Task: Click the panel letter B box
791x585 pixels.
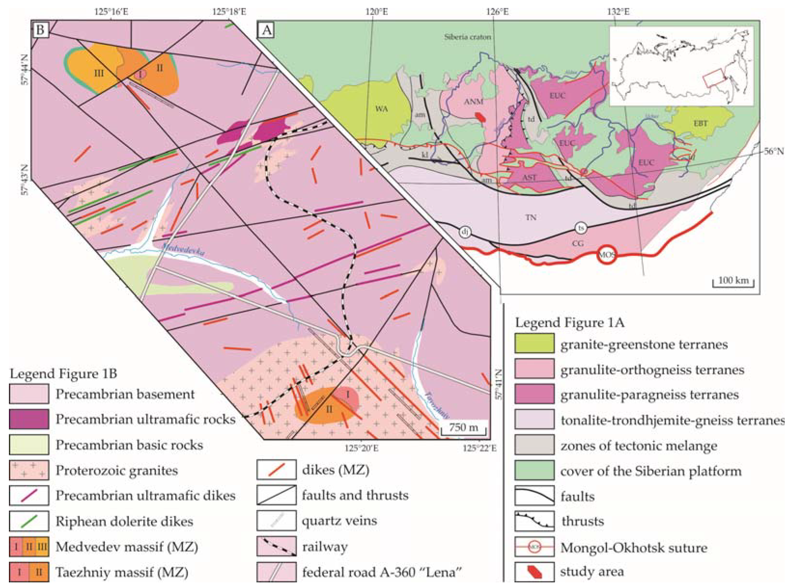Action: pyautogui.click(x=40, y=30)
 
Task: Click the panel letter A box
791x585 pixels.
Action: pyautogui.click(x=267, y=30)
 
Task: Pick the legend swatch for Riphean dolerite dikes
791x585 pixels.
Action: pyautogui.click(x=29, y=521)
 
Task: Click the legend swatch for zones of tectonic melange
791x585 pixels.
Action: pyautogui.click(x=534, y=445)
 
